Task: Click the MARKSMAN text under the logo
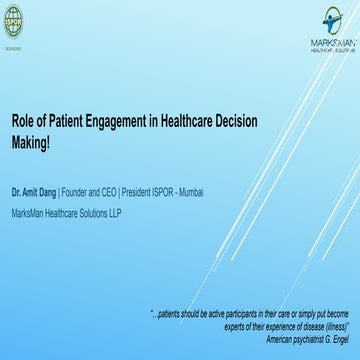333,44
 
